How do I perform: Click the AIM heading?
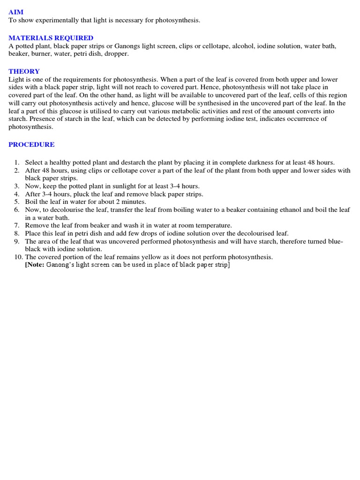16,12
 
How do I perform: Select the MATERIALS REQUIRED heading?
51,38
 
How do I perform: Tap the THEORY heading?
24,72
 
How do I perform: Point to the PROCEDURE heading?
31,145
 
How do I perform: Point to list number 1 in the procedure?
16,163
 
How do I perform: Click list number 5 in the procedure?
16,202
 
